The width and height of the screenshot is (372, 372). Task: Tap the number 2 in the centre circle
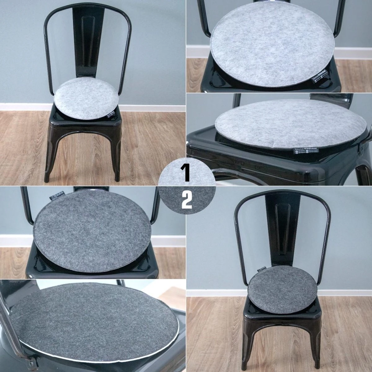pyautogui.click(x=187, y=200)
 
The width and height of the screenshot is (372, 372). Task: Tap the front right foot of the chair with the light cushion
pyautogui.click(x=117, y=178)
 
